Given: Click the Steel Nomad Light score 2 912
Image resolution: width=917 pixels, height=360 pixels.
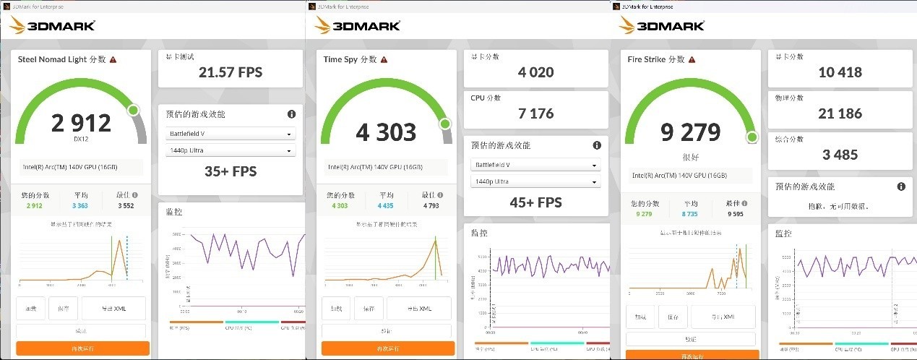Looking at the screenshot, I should point(81,123).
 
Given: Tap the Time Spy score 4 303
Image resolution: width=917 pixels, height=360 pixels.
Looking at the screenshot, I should point(386,132).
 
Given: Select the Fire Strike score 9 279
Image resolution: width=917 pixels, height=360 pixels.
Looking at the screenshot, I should point(691,132).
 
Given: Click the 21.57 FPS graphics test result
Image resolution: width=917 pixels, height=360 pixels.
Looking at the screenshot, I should point(230,72).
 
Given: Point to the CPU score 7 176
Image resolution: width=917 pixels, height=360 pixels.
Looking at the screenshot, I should point(535,113).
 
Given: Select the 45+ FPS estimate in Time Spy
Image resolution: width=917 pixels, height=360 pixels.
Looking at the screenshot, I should point(535,202).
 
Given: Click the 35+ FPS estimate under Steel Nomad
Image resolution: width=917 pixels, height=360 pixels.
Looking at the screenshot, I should point(230,171).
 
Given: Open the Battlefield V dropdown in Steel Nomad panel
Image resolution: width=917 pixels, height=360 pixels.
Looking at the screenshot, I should point(230,134).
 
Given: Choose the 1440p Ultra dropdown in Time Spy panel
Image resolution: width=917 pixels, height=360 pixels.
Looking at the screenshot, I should point(535,181).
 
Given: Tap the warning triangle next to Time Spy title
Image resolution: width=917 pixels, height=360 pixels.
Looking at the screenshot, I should point(384,60).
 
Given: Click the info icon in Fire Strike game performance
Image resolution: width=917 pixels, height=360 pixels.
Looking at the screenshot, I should point(901,187).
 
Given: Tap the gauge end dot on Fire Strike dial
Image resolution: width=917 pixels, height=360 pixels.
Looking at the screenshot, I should point(752,137).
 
